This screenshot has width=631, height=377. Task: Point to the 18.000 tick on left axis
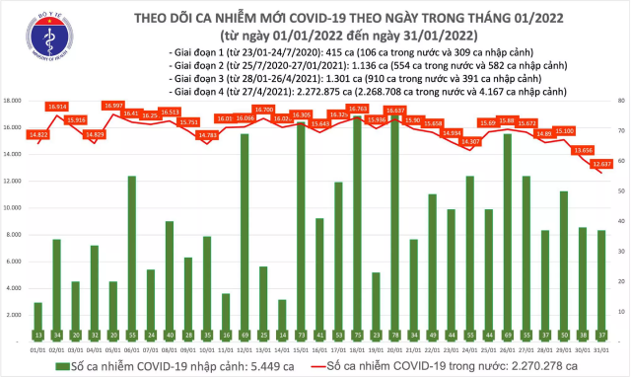pyautogui.click(x=14, y=101)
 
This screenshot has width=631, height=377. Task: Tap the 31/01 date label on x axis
pyautogui.click(x=601, y=347)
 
